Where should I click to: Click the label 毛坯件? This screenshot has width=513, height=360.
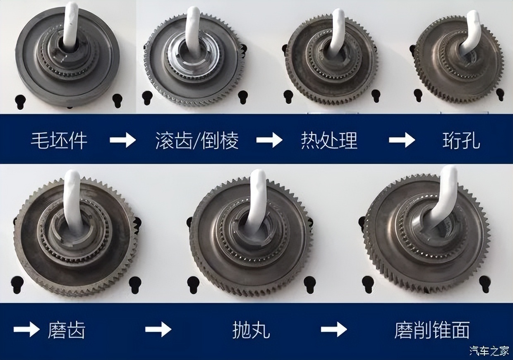(x=59, y=140)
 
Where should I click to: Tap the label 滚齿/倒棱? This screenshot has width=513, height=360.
(x=197, y=140)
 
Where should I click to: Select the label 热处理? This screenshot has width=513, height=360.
(x=329, y=140)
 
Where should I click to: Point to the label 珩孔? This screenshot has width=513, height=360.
(x=461, y=140)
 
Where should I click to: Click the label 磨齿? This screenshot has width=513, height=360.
(x=67, y=329)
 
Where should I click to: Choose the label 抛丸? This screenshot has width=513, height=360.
(x=251, y=329)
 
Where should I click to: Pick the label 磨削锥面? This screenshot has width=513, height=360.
(x=432, y=329)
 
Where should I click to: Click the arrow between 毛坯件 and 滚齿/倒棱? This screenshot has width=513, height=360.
(x=123, y=140)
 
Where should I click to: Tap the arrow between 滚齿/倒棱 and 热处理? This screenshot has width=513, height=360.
(x=269, y=140)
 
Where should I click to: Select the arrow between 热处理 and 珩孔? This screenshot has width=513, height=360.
(x=402, y=140)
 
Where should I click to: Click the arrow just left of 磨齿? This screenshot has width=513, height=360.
(x=26, y=329)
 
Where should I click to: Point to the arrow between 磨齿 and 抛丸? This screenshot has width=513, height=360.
(x=158, y=329)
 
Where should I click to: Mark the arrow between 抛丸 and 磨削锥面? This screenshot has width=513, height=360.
(x=334, y=329)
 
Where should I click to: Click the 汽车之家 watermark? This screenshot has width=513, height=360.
(x=490, y=350)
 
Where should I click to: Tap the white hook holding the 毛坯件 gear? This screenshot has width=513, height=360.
(x=70, y=25)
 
